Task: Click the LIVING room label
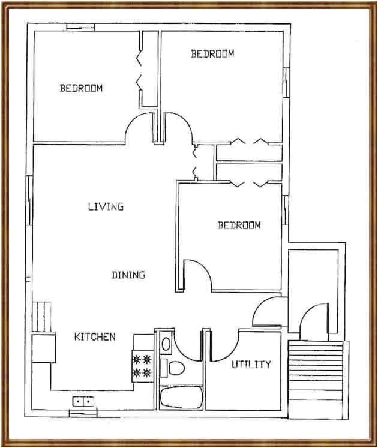pos(106,206)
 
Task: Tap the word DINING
pos(128,275)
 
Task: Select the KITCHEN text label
pos(94,336)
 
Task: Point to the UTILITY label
pos(251,364)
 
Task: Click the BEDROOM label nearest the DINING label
pos(239,225)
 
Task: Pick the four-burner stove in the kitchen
pos(143,366)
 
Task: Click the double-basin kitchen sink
pos(83,401)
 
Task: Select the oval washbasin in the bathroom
pos(166,344)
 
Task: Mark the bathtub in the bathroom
pos(181,396)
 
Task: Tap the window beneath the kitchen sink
pos(82,413)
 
